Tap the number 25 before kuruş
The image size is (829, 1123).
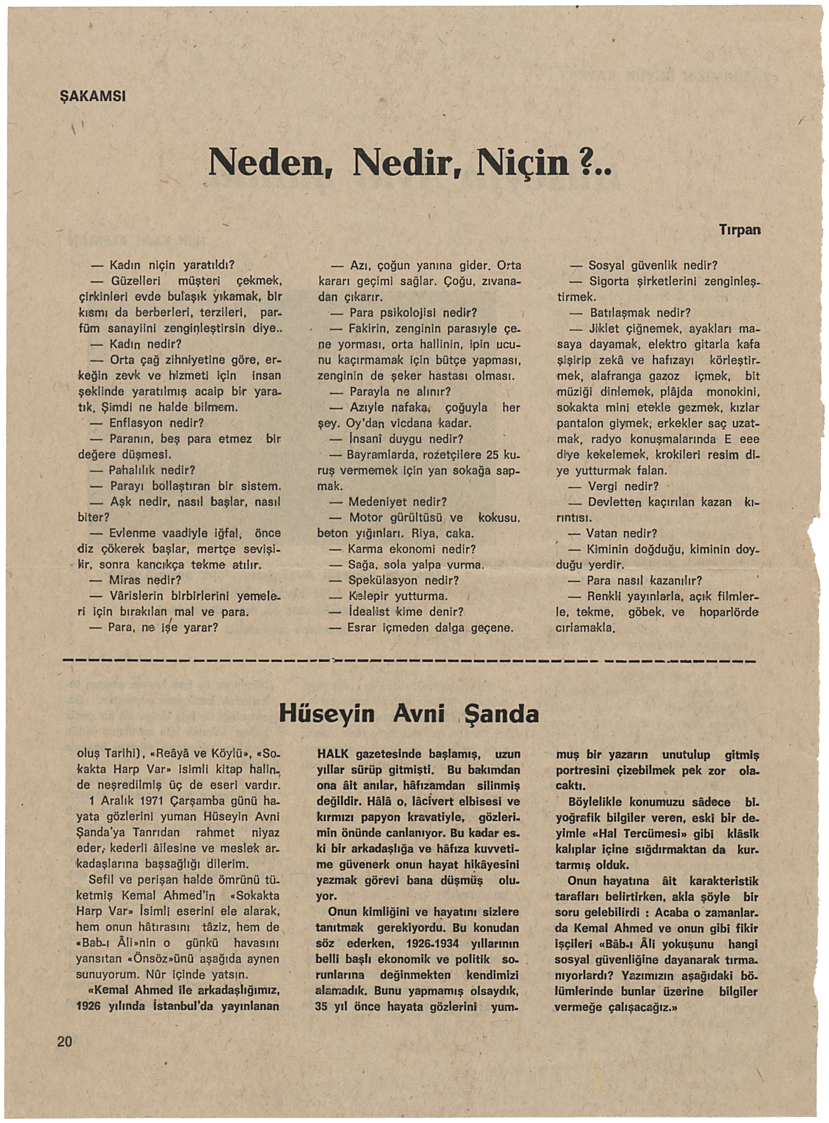point(493,455)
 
